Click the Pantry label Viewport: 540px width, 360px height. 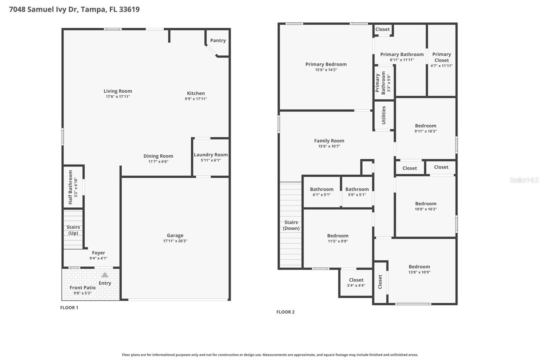218,41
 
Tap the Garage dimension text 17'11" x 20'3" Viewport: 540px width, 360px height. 175,241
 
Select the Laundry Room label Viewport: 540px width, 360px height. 211,155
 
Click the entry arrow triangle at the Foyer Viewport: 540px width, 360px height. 105,275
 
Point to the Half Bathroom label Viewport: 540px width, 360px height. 71,187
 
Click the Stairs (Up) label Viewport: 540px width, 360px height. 73,230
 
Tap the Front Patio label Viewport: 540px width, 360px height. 83,288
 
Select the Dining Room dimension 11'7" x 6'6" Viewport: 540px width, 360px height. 158,162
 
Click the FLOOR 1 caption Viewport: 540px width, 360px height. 69,308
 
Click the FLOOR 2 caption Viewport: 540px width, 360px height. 286,312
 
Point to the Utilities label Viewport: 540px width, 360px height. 384,115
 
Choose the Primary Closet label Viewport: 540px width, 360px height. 441,57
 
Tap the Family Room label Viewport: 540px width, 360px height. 329,141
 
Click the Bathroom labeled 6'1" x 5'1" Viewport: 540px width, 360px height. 322,189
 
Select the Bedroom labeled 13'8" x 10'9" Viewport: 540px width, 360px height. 419,267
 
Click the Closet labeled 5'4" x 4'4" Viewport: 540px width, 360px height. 356,280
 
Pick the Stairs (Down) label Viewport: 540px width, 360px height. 291,225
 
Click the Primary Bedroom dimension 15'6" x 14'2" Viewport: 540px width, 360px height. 326,70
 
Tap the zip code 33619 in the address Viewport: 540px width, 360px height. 129,9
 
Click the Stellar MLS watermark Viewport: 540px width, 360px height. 524,180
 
